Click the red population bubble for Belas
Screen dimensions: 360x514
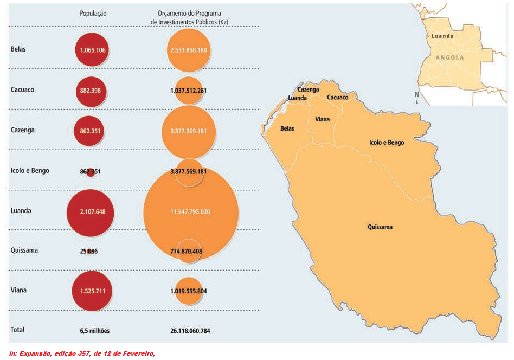(92, 50)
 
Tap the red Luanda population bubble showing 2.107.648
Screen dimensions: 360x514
(91, 211)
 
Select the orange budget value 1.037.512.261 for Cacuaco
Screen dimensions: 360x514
(188, 91)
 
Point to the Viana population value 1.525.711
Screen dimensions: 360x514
(92, 291)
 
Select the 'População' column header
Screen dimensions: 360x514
(93, 14)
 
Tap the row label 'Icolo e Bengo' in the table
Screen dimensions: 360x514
(30, 171)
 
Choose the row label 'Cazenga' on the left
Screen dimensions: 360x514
(22, 130)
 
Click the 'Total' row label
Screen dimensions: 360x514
(17, 330)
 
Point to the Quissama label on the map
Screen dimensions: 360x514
(380, 227)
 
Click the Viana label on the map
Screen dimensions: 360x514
(322, 119)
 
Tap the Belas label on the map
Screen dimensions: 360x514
(287, 128)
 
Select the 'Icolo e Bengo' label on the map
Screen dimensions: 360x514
(387, 143)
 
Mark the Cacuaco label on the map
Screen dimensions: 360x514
(337, 98)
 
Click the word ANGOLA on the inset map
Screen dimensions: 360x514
(449, 57)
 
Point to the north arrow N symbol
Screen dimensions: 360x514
(416, 95)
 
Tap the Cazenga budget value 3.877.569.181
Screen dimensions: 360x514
(188, 131)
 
